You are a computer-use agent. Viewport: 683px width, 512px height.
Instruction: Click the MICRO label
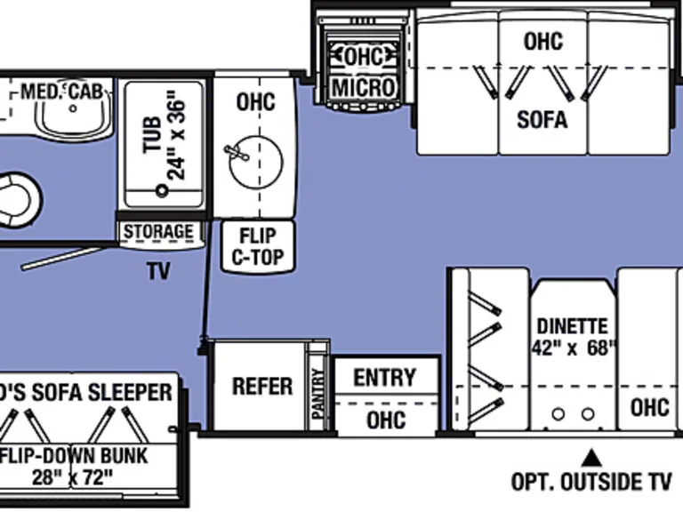tap(363, 88)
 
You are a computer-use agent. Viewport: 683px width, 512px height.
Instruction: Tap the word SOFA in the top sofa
tap(542, 118)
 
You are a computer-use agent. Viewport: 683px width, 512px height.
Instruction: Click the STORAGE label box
tap(158, 232)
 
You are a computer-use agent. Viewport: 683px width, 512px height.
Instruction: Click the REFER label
tap(262, 386)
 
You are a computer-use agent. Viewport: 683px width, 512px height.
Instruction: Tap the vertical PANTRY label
tap(317, 393)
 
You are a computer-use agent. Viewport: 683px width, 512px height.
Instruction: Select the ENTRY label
tap(385, 377)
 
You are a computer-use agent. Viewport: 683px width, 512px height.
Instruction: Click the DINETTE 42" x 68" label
tap(572, 337)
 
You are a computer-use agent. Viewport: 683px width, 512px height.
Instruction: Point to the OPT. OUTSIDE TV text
tap(591, 482)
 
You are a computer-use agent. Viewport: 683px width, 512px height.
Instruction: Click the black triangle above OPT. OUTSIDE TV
tap(590, 458)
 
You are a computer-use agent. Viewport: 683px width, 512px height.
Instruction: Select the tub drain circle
tap(162, 189)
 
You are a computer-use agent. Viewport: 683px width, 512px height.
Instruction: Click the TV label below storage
tap(159, 270)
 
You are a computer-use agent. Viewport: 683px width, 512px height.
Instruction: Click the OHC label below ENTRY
tap(385, 419)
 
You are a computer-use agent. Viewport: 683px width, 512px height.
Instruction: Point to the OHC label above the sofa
tap(542, 41)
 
